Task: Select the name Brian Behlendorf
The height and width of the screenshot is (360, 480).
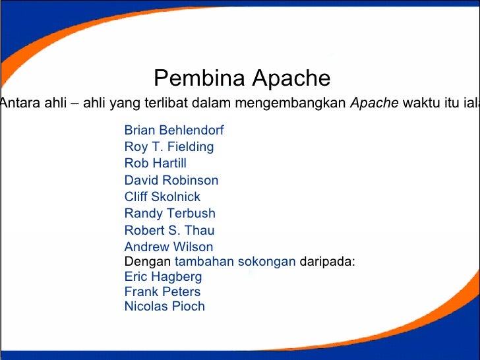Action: click(x=174, y=131)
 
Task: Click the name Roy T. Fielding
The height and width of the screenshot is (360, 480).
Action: click(x=169, y=147)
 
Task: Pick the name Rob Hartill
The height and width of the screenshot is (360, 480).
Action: click(x=156, y=163)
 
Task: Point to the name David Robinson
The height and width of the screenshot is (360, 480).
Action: click(x=171, y=180)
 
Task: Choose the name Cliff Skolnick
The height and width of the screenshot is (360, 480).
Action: click(x=162, y=196)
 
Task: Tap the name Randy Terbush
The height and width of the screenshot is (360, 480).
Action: click(x=169, y=213)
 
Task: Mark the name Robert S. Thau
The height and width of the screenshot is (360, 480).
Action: click(x=169, y=230)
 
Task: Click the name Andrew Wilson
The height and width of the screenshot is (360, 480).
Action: click(x=169, y=247)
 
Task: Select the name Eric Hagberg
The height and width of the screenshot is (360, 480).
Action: click(x=163, y=276)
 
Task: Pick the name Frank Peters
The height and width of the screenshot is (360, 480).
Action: click(x=162, y=291)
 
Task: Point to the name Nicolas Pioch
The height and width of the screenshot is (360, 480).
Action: click(x=165, y=306)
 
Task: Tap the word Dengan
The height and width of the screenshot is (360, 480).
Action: click(x=142, y=261)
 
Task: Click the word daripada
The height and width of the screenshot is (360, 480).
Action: click(x=328, y=261)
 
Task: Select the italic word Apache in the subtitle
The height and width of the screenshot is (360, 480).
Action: click(x=373, y=103)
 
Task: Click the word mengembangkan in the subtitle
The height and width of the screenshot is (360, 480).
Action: click(x=290, y=103)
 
